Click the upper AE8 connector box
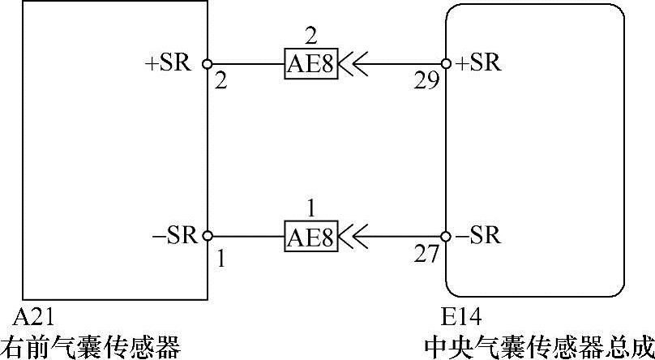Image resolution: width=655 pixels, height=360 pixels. pos(310,63)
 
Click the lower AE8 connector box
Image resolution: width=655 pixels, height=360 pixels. pos(310,236)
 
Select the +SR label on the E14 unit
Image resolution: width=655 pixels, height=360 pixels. pos(479,63)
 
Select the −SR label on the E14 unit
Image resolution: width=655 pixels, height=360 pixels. pos(479,236)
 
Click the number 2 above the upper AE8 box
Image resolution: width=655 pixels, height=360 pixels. pos(310,35)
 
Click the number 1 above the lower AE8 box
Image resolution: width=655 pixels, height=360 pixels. pos(310,208)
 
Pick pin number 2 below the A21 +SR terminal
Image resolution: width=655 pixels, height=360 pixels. pos(220,81)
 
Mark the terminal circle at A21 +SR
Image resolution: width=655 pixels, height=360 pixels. pos(208,63)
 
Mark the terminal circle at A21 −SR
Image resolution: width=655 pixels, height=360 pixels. pos(208,236)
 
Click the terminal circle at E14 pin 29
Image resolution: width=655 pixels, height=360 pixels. pos(445,63)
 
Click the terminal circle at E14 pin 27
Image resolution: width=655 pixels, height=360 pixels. pos(445,236)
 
